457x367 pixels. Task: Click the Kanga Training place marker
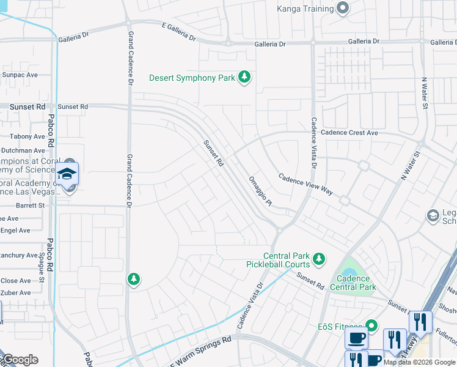click(343, 9)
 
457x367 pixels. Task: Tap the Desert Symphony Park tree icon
click(244, 77)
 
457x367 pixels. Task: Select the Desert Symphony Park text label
click(191, 78)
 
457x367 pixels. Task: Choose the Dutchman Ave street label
click(23, 150)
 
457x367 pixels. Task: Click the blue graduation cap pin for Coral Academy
click(67, 174)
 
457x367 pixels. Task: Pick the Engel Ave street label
click(15, 231)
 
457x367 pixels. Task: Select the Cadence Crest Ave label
click(350, 133)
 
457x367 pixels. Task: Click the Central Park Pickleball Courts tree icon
click(318, 260)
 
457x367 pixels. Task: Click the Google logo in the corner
click(20, 360)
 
